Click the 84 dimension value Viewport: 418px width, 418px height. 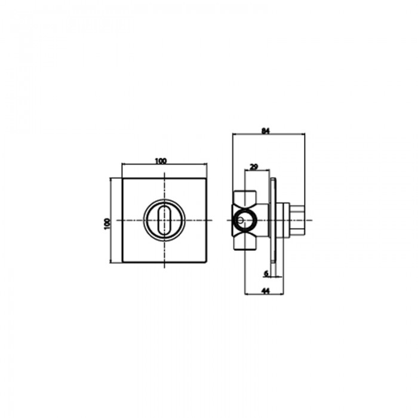click(x=266, y=131)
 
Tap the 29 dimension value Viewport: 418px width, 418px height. click(x=254, y=167)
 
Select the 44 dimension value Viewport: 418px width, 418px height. click(x=266, y=291)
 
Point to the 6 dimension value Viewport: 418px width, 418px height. click(x=266, y=273)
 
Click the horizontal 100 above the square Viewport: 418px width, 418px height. click(x=161, y=161)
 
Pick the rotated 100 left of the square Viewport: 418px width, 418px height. click(x=107, y=224)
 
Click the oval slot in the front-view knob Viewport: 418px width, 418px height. click(x=164, y=220)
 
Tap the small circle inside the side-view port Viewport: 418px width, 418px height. click(x=241, y=220)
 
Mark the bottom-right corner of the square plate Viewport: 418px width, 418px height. click(x=207, y=262)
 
